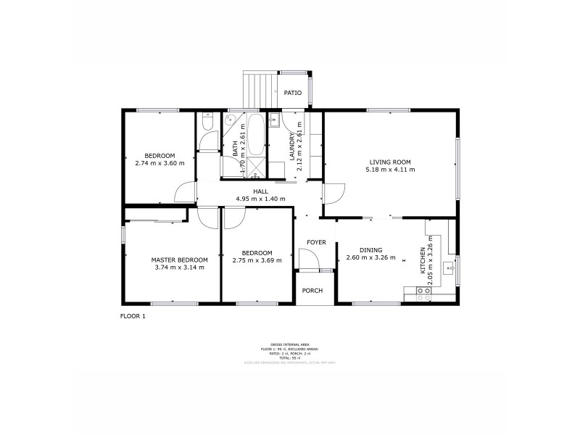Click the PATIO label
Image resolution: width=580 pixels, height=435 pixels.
coord(293,93)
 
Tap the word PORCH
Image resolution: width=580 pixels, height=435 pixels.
coord(312,291)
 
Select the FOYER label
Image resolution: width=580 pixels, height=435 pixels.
coord(316,242)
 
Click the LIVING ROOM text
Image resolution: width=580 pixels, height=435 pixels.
coord(390,162)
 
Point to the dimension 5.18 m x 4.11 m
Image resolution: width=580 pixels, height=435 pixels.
coord(390,170)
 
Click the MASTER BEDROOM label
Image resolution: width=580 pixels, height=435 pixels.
coord(179,260)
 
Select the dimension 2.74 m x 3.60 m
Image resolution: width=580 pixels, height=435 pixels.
coord(159,163)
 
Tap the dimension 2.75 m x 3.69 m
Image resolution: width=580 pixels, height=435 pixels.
coord(257,260)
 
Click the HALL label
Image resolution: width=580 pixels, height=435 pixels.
coord(260,191)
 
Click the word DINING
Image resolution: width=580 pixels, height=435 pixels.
coord(370,249)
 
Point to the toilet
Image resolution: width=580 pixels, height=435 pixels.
coord(207,125)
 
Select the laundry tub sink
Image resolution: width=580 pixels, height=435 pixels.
coord(275,120)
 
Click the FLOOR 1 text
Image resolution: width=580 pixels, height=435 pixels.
coord(133,316)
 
